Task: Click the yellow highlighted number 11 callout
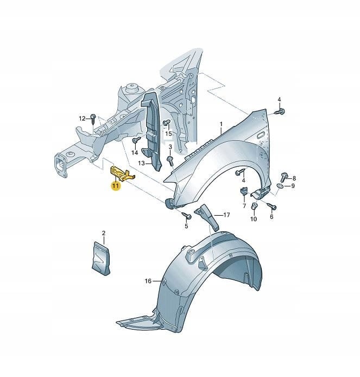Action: pyautogui.click(x=116, y=186)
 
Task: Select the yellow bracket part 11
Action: pyautogui.click(x=122, y=173)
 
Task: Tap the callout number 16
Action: pyautogui.click(x=148, y=281)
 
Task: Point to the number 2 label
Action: pyautogui.click(x=104, y=233)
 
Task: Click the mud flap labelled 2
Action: pyautogui.click(x=101, y=259)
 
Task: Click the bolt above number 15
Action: pyautogui.click(x=166, y=122)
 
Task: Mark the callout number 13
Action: pyautogui.click(x=141, y=164)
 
